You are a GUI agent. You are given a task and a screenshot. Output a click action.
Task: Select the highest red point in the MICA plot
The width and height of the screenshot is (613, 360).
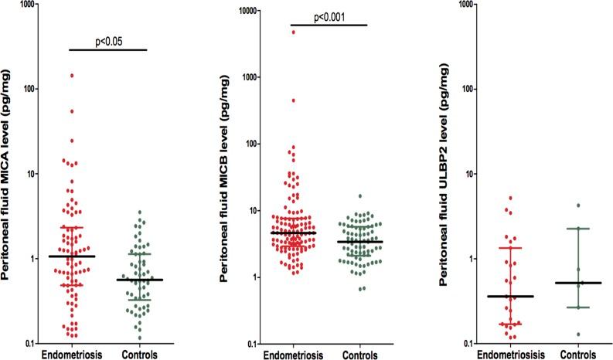72,76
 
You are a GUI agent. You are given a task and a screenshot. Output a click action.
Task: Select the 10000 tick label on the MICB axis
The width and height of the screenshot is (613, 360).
249,11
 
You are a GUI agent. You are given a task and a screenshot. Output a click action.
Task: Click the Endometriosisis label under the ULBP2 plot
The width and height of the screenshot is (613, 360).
511,354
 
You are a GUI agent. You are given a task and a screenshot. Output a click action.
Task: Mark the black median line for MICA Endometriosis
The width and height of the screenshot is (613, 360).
72,256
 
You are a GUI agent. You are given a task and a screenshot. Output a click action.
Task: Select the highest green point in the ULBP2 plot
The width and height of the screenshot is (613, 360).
577,205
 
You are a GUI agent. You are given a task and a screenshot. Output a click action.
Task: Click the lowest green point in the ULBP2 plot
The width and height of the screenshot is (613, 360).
577,335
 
